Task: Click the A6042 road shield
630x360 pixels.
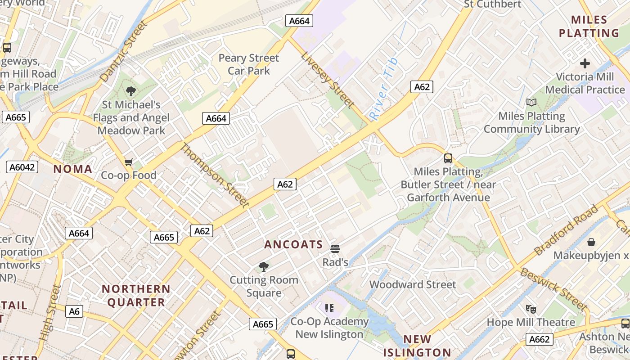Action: tap(22, 167)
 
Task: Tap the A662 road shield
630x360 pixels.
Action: tap(539, 339)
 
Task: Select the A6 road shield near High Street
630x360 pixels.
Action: tap(74, 311)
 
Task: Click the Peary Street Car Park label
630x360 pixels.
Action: tap(248, 64)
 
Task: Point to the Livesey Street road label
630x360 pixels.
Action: tap(327, 80)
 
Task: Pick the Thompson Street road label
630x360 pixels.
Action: tap(215, 175)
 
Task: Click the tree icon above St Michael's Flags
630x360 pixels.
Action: tap(131, 91)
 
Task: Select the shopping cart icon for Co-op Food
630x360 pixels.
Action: tap(129, 162)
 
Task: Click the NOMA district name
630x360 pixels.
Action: tap(73, 169)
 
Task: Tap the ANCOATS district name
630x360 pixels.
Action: tap(293, 245)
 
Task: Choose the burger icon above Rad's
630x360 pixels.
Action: tap(335, 248)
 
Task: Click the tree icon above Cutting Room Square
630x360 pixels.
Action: tap(264, 267)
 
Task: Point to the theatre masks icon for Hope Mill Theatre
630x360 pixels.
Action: tap(531, 309)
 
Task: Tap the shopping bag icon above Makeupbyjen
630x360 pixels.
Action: tap(591, 242)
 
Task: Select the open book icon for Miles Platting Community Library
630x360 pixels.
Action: tap(531, 102)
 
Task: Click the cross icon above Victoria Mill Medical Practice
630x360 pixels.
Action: tap(585, 63)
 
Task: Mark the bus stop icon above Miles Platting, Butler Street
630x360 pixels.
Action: tap(448, 158)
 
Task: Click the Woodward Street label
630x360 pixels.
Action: tap(413, 284)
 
